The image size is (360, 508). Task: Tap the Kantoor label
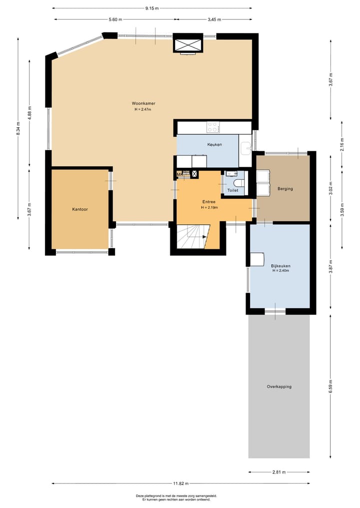pos(80,209)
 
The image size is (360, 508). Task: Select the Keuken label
pos(214,144)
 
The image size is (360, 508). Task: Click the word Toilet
pos(233,191)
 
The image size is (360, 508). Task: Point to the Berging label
pos(285,189)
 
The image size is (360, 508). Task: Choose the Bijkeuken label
pos(281,266)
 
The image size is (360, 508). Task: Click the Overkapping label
pos(279,387)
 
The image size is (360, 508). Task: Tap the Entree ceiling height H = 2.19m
pos(209,207)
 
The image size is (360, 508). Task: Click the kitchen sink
pos(245,148)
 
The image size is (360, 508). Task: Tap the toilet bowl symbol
pos(239,182)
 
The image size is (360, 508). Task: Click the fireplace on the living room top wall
pos(188,44)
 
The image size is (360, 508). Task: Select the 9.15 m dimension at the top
pos(151,8)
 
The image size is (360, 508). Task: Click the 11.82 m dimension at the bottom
pos(180,484)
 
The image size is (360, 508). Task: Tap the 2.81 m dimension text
pos(279,472)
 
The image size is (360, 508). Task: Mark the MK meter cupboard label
pos(179,174)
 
